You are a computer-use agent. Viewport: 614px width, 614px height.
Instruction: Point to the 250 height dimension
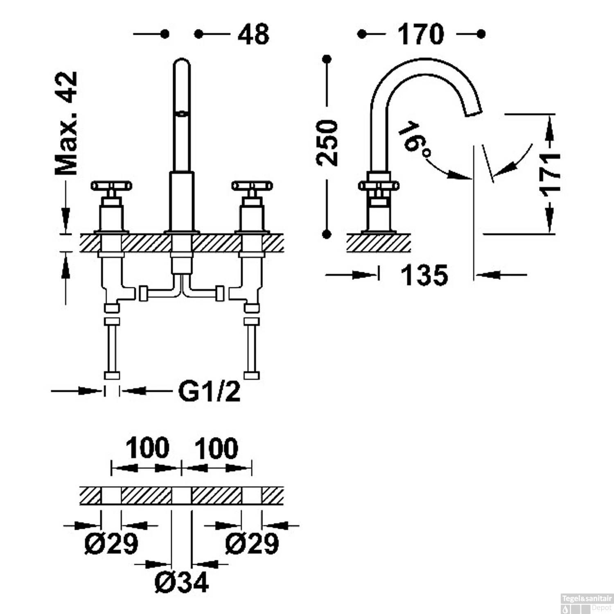coord(327,143)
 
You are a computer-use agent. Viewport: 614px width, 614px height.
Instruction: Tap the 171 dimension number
coord(550,174)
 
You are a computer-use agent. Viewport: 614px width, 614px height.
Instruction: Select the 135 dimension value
coord(424,275)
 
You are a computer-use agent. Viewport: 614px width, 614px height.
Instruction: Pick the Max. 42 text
coord(67,123)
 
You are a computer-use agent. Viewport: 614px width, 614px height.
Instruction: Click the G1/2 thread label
coord(209,392)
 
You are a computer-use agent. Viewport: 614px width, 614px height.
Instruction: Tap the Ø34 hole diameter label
coord(182,582)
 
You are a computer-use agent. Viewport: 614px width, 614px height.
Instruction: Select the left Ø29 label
coord(111,544)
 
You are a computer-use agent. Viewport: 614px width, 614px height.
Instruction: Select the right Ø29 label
coord(252,544)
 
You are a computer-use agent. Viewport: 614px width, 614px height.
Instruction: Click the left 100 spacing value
coord(147,448)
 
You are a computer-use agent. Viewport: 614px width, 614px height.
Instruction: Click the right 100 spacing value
coord(216,448)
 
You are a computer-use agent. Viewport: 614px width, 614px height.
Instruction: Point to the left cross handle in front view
coord(111,186)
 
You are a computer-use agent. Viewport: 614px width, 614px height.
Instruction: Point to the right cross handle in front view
coord(252,186)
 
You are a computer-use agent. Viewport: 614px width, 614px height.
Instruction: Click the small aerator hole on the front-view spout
coord(180,113)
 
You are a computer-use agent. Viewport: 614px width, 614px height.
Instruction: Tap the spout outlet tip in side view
coord(474,111)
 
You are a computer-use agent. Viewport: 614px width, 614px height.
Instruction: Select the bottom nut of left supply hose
coord(112,375)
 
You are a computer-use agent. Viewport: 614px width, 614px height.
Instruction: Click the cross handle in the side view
coord(379,186)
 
